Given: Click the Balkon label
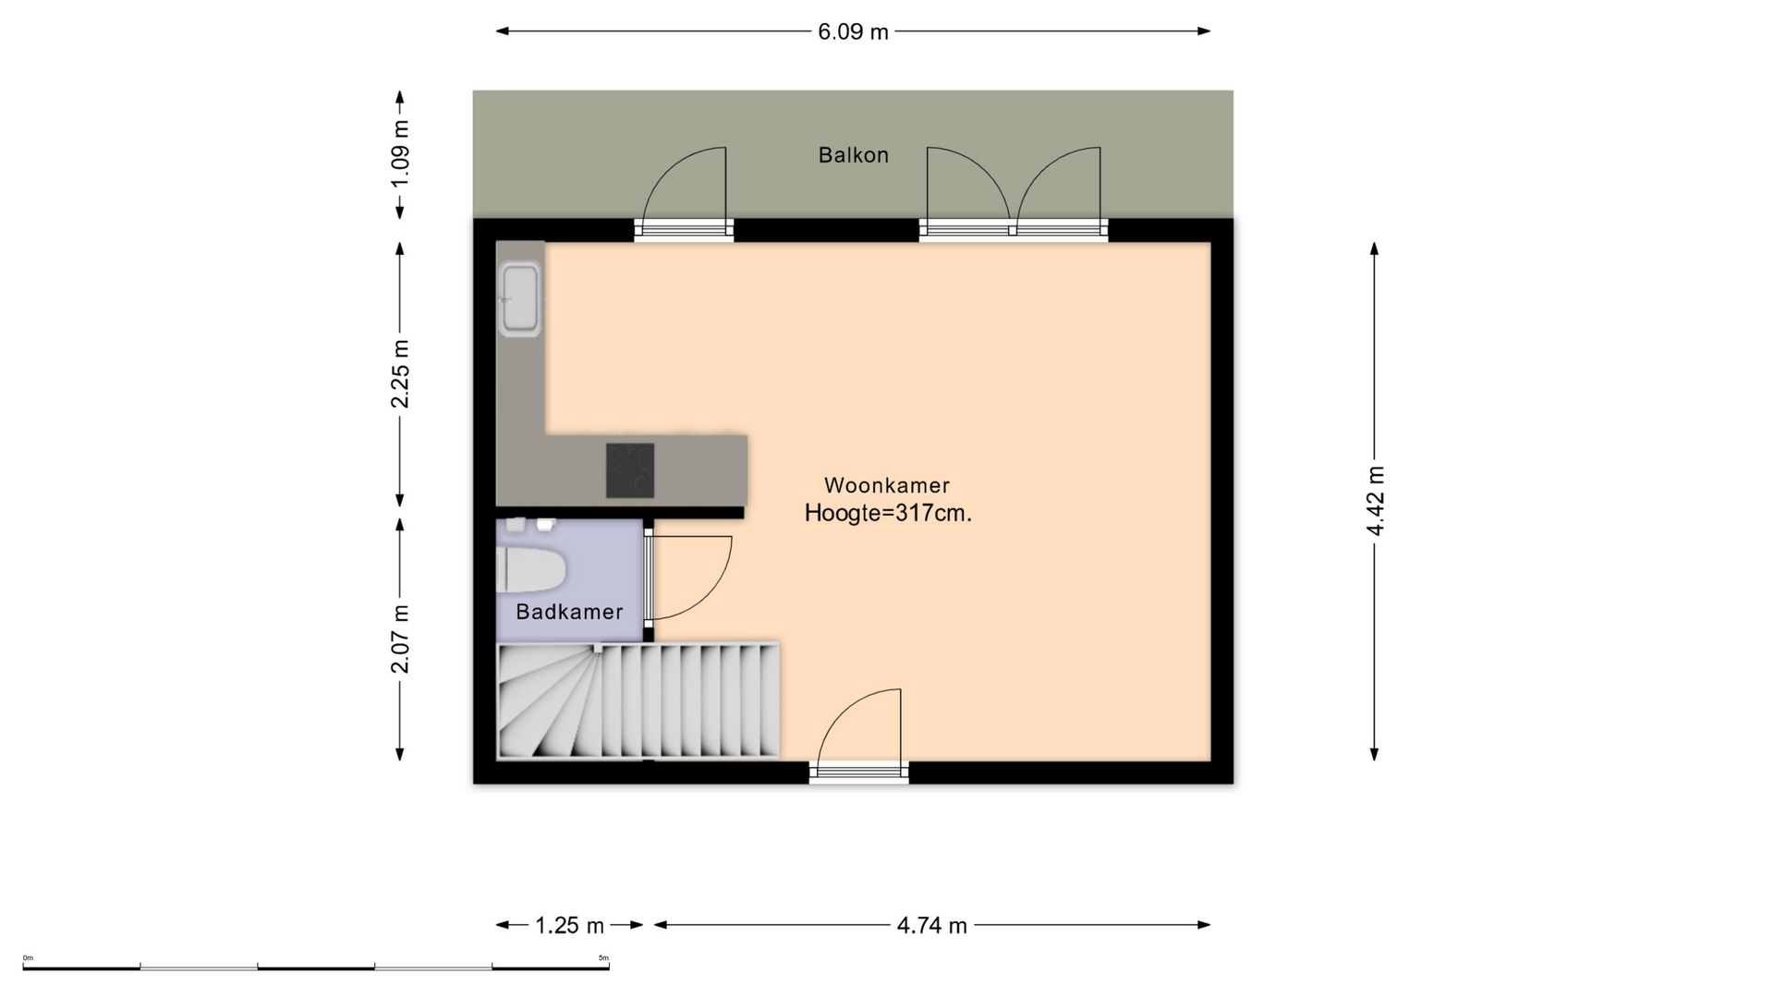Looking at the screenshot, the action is (x=853, y=155).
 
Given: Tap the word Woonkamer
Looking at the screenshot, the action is (x=887, y=485).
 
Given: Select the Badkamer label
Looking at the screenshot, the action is (x=569, y=612).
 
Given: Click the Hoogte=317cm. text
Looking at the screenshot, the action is (x=888, y=514).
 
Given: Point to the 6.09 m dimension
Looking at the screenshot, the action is (x=853, y=32).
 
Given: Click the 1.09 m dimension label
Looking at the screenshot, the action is (x=400, y=153).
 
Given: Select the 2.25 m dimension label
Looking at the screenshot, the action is (x=400, y=373).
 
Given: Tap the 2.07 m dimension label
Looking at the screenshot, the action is (x=400, y=639).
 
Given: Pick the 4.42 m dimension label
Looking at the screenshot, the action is (x=1375, y=501).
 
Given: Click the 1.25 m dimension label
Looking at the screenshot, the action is (x=569, y=926).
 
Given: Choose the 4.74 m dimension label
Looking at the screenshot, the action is (x=931, y=926).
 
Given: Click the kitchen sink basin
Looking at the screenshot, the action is (x=519, y=299).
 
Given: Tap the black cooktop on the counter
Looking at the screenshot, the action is (x=630, y=470).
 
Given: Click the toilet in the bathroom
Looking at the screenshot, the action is (x=530, y=570).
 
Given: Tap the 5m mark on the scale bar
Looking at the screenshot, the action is (x=603, y=958).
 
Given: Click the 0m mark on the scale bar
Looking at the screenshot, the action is (x=28, y=958).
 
